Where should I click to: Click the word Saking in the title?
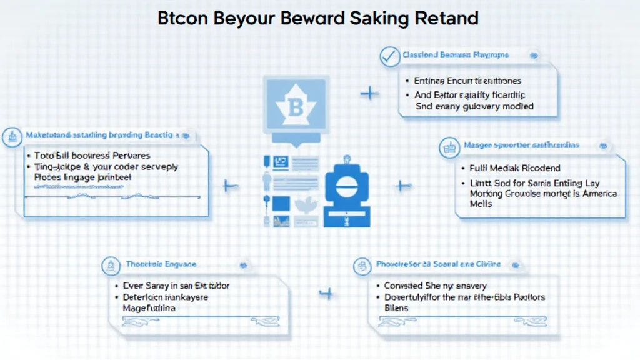379,18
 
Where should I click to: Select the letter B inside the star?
296,110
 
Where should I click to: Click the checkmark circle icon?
389,56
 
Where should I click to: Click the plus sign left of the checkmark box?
370,94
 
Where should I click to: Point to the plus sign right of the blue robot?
402,186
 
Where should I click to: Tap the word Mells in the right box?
481,204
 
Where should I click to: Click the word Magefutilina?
149,308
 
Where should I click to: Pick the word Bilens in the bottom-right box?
396,308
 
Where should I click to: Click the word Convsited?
404,286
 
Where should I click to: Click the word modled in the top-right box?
517,106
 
